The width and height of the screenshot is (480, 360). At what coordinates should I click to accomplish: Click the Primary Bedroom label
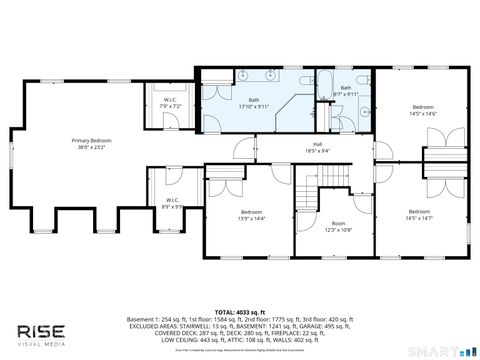click(x=90, y=143)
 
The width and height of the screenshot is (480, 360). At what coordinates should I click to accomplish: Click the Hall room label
click(x=316, y=148)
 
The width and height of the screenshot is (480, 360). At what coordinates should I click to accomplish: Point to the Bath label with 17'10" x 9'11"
click(x=254, y=102)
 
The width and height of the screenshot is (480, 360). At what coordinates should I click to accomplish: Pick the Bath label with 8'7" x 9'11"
click(x=346, y=90)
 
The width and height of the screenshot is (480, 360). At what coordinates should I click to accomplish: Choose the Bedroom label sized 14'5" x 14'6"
click(x=424, y=109)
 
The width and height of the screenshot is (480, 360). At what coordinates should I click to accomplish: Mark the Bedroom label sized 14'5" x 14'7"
click(x=424, y=213)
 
